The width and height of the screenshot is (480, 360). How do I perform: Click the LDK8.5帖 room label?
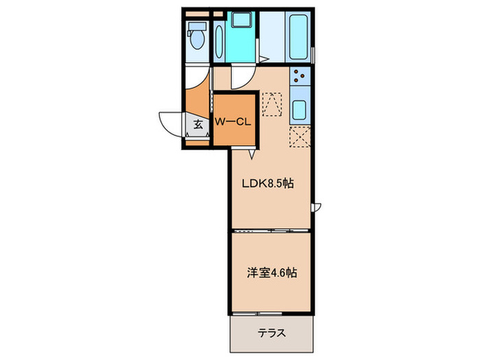pyautogui.click(x=268, y=183)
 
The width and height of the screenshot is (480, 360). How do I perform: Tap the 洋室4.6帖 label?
pyautogui.click(x=272, y=272)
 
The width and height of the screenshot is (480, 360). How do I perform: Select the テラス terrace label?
pyautogui.click(x=272, y=333)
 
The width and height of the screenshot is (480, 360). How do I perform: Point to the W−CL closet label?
pyautogui.click(x=232, y=122)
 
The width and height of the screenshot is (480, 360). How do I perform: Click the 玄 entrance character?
pyautogui.click(x=198, y=124)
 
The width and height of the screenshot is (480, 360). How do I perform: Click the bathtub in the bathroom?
pyautogui.click(x=298, y=36)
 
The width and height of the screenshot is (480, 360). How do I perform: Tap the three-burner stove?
pyautogui.click(x=300, y=76)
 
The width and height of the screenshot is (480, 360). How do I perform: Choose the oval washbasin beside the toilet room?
pyautogui.click(x=219, y=42)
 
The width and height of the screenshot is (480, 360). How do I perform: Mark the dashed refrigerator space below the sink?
pyautogui.click(x=300, y=136)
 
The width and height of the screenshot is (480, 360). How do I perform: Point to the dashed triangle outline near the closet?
pyautogui.click(x=272, y=104)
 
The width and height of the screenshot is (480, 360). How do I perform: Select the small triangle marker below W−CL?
pyautogui.click(x=252, y=154)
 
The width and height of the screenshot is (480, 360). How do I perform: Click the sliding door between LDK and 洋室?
pyautogui.click(x=271, y=231)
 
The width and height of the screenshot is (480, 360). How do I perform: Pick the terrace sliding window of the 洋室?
pyautogui.click(x=257, y=314)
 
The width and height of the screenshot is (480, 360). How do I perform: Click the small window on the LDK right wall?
pyautogui.click(x=315, y=207)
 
